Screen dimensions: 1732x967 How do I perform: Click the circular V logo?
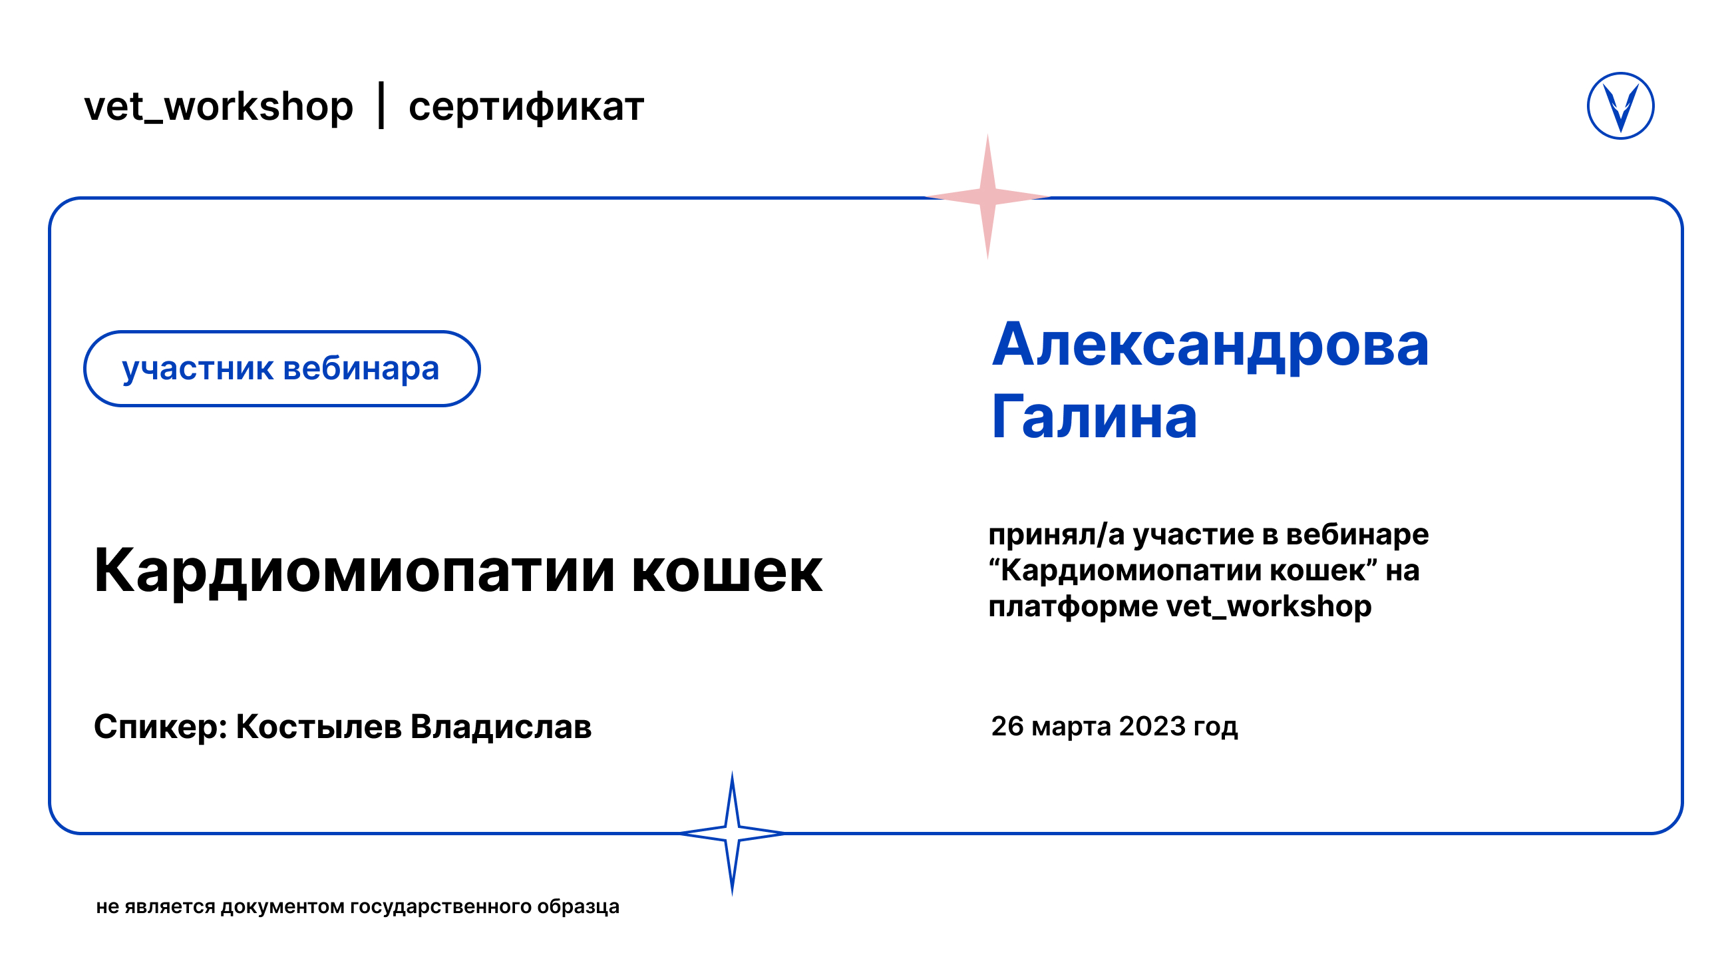point(1620,106)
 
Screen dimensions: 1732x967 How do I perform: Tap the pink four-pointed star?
point(987,196)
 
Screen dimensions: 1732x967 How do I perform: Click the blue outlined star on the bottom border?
point(732,833)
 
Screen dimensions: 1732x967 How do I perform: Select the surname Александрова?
point(1210,346)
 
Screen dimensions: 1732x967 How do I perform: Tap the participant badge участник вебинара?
point(281,369)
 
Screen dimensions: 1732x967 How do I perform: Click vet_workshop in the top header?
point(218,107)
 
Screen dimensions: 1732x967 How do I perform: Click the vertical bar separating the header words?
point(381,105)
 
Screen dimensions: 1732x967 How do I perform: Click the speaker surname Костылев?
point(319,727)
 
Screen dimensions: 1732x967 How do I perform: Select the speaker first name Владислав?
point(501,727)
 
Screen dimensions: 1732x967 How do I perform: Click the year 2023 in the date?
point(1152,726)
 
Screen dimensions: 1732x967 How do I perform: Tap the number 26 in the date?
point(1007,726)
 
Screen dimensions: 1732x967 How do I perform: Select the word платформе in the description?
point(1073,607)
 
